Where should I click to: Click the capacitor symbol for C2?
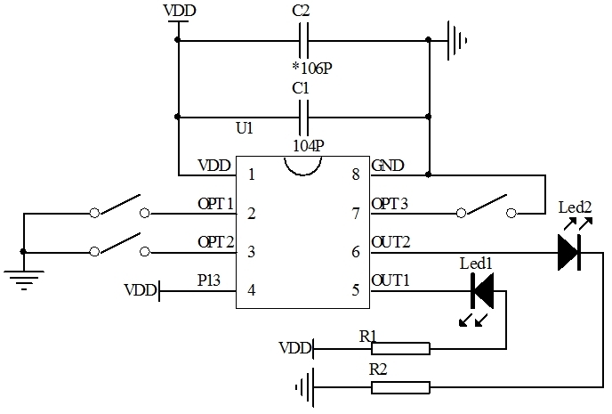click(x=304, y=39)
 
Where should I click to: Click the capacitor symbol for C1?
click(x=304, y=116)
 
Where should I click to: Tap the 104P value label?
click(x=307, y=144)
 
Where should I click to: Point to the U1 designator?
click(x=245, y=129)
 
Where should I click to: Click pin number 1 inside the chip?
click(x=252, y=174)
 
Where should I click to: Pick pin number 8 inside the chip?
click(x=356, y=174)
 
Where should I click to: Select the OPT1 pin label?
click(x=215, y=204)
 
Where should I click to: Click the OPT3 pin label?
click(x=390, y=204)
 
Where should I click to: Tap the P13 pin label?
click(x=210, y=281)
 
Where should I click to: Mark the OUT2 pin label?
click(x=391, y=242)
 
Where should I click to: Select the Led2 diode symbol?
click(x=569, y=252)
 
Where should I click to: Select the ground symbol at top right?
click(x=457, y=39)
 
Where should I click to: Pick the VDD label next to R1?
click(x=294, y=347)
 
